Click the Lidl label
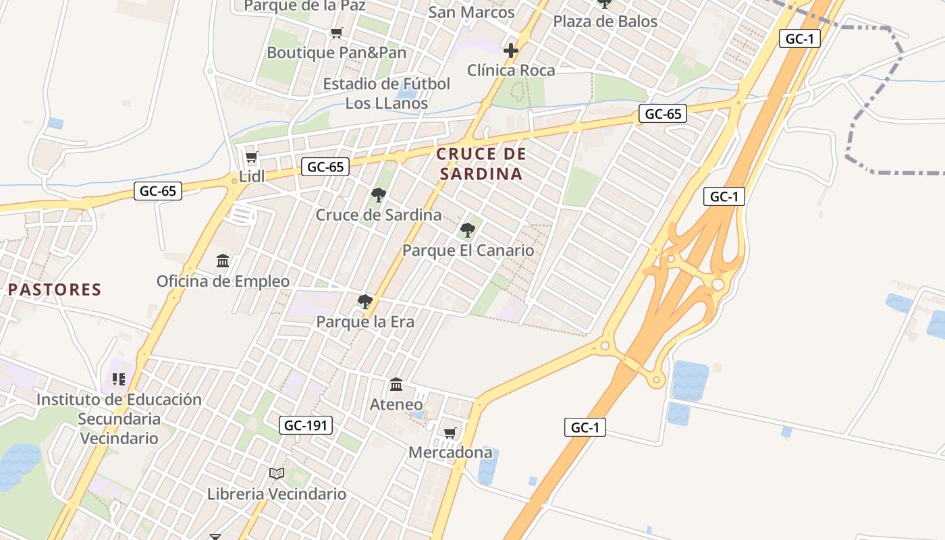[252, 177]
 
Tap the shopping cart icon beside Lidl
[251, 157]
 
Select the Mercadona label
[450, 452]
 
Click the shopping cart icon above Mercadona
[450, 433]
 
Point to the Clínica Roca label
[511, 70]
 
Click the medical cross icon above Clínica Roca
[511, 51]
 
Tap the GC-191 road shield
[306, 425]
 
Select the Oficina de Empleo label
[223, 281]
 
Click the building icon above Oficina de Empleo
[223, 261]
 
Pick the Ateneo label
[396, 404]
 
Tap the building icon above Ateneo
[396, 385]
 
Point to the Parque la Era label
[365, 322]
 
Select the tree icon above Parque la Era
[365, 302]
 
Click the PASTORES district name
[55, 290]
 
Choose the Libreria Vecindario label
[277, 493]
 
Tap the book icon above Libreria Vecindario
[277, 474]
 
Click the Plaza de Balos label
[605, 22]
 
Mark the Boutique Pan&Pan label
[337, 53]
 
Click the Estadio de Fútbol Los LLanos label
[386, 94]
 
